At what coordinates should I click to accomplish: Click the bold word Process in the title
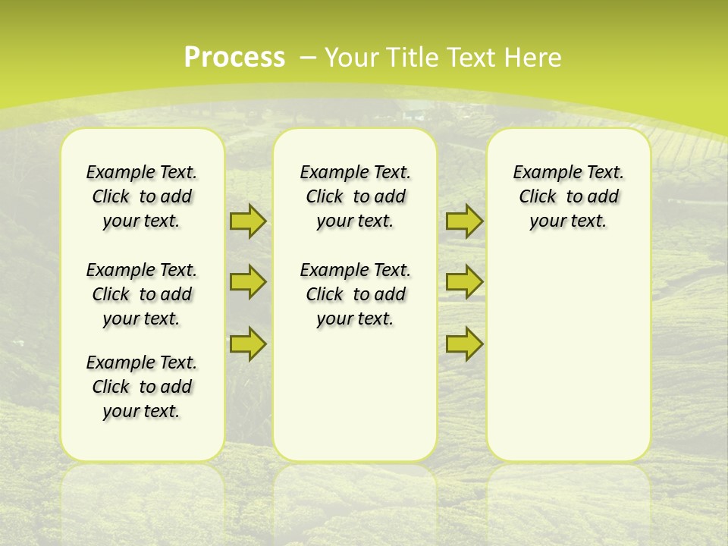(234, 57)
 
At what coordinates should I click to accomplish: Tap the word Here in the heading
(535, 58)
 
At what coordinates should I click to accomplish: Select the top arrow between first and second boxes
(247, 221)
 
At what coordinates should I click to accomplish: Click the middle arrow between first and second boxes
(247, 282)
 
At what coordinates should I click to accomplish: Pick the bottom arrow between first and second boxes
(247, 344)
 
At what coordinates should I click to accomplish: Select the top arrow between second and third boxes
(464, 221)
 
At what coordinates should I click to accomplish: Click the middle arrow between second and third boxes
(464, 282)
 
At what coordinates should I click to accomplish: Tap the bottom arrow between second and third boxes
(464, 344)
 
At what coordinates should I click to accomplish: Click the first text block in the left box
(142, 196)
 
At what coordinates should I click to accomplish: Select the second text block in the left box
(142, 294)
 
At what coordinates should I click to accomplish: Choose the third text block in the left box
(142, 387)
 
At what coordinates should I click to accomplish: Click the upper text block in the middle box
(355, 196)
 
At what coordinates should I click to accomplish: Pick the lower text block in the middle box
(355, 294)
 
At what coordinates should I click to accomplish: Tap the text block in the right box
(568, 196)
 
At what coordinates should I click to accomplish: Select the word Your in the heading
(351, 58)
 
